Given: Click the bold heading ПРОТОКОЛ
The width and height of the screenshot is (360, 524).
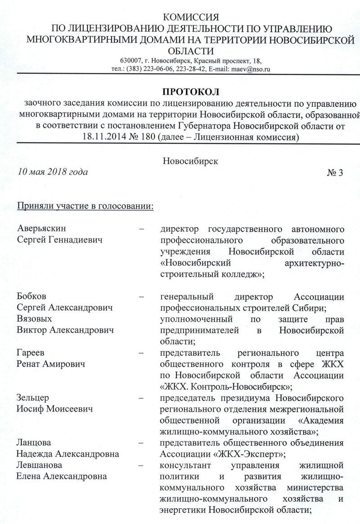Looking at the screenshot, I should click(190, 92).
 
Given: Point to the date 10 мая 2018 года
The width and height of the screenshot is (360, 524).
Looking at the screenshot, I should click(53, 172).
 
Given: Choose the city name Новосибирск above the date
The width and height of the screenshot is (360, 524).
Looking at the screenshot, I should click(191, 161).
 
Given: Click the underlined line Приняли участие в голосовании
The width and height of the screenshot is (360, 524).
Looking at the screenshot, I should click(85, 207).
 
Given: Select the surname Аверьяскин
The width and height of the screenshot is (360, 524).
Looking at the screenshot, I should click(44, 228).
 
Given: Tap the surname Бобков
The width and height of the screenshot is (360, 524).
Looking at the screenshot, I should click(32, 297).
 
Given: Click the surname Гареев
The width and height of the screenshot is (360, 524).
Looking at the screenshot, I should click(31, 352).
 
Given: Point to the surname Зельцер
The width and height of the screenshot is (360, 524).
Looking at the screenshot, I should click(33, 398).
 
